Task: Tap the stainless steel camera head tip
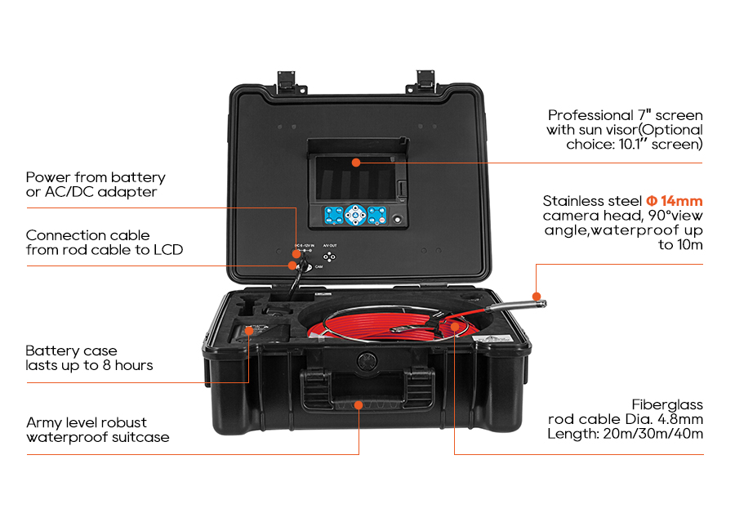click(x=540, y=304)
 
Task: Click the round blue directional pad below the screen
click(x=354, y=216)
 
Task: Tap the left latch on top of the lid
click(x=286, y=79)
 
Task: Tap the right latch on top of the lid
click(x=426, y=79)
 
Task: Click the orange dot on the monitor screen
click(x=356, y=163)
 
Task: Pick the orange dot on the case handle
click(x=359, y=404)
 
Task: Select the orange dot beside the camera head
click(x=536, y=295)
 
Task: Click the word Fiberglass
click(x=667, y=404)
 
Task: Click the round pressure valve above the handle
click(x=366, y=360)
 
